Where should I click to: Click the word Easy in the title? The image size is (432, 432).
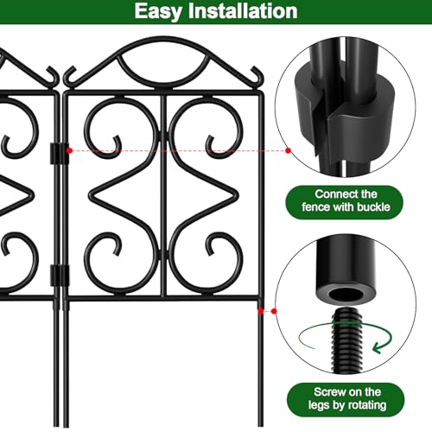point(158,11)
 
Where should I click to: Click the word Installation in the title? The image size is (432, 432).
point(243,11)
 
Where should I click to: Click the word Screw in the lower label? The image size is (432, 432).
point(328,392)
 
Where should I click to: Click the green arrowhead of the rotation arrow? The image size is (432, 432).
point(380,346)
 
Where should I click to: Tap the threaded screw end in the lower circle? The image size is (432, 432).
point(347,340)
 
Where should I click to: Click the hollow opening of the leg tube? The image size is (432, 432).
point(346,295)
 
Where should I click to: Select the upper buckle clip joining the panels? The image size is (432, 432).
point(60,153)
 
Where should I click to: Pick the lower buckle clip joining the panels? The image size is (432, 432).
point(60,276)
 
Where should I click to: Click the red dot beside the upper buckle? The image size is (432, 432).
point(69,150)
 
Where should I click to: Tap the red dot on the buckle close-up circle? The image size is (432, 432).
point(288,150)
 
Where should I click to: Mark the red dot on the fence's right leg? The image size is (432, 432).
point(261,311)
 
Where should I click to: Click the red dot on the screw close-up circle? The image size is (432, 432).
point(274,311)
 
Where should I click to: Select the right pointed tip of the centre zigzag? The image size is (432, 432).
point(237,195)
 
